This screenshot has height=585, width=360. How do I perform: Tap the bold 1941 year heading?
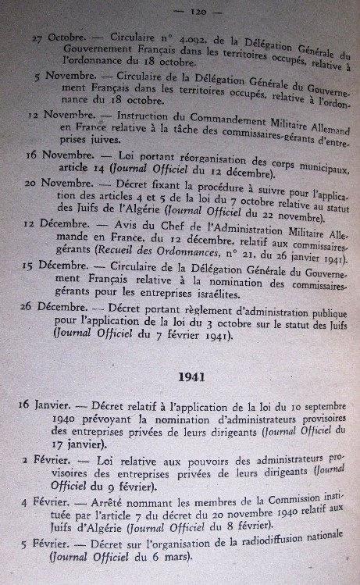pos(191,376)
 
